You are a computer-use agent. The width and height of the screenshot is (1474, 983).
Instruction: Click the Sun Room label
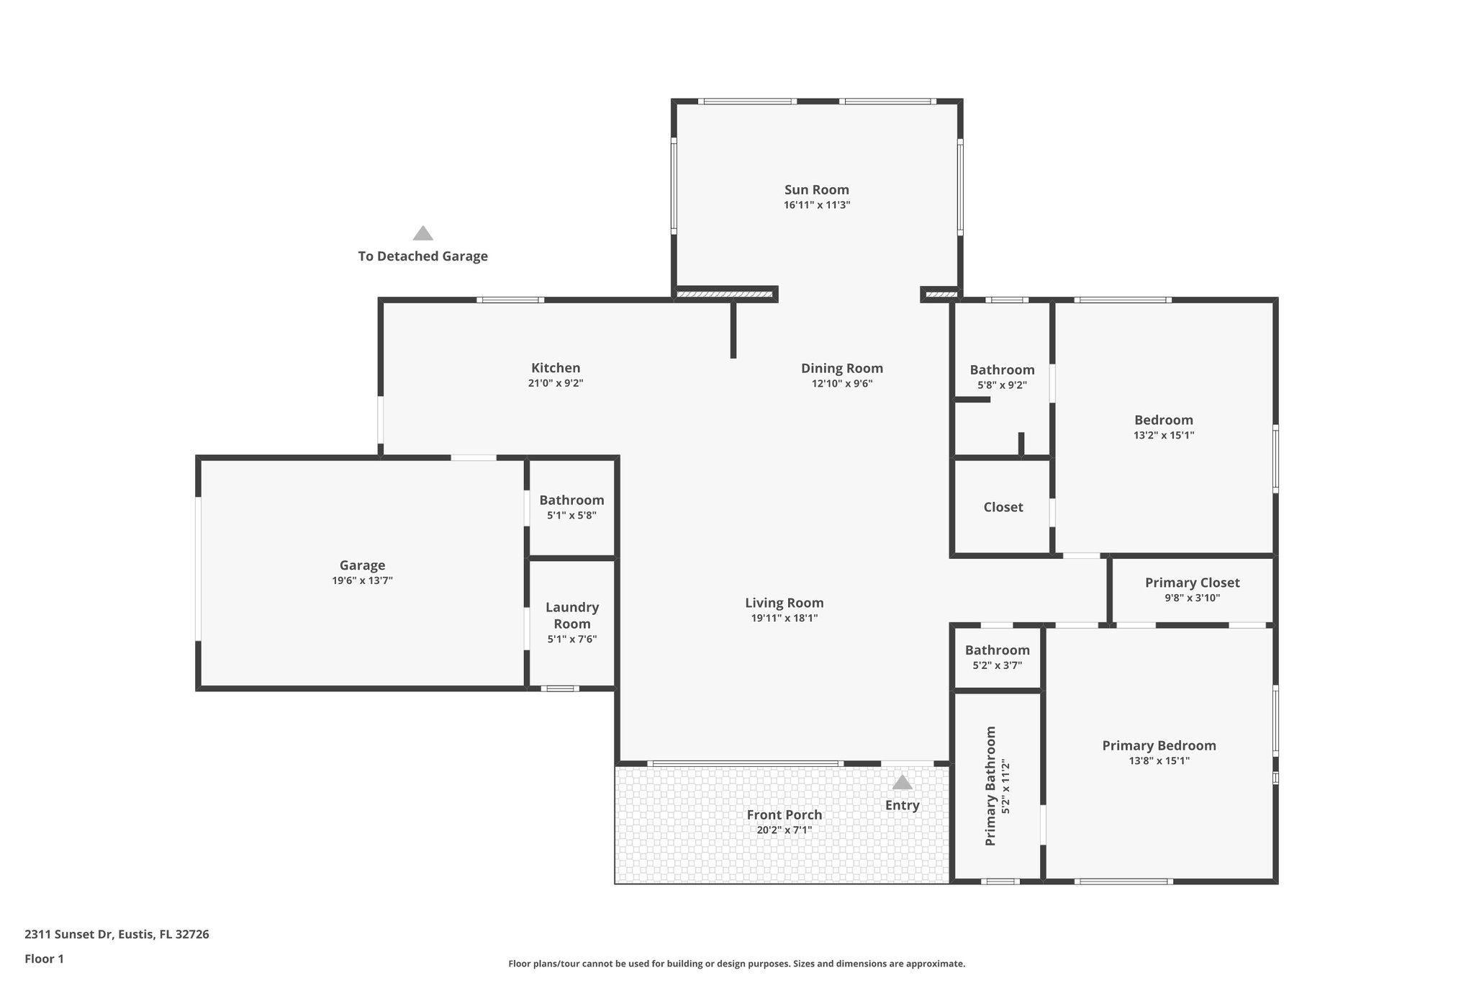pyautogui.click(x=816, y=189)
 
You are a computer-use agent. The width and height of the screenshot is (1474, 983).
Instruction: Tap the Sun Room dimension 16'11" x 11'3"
pyautogui.click(x=816, y=205)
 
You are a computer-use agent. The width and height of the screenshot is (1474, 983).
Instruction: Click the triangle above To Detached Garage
pyautogui.click(x=422, y=233)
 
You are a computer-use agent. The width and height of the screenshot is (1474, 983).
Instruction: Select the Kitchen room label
pyautogui.click(x=556, y=368)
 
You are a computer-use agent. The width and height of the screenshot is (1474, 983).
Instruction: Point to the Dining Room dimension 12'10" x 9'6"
pyautogui.click(x=841, y=384)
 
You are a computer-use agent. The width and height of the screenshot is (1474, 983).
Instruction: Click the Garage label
pyautogui.click(x=362, y=565)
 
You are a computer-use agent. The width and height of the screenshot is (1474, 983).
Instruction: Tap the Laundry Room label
pyautogui.click(x=572, y=616)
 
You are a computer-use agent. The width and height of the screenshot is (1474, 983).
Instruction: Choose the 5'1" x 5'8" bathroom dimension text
pyautogui.click(x=571, y=516)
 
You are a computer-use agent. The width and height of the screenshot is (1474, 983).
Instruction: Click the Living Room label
pyautogui.click(x=784, y=603)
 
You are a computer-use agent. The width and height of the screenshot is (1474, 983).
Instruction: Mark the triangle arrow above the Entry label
pyautogui.click(x=902, y=782)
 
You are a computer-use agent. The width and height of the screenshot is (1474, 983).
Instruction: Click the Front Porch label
pyautogui.click(x=784, y=814)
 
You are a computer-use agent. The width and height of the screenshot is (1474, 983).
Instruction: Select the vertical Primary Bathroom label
pyautogui.click(x=990, y=786)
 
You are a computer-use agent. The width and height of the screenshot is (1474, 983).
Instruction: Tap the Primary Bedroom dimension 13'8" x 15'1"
pyautogui.click(x=1159, y=760)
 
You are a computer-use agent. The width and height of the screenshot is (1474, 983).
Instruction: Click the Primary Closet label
pyautogui.click(x=1192, y=583)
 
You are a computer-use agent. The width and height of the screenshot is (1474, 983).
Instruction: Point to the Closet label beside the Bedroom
pyautogui.click(x=1003, y=507)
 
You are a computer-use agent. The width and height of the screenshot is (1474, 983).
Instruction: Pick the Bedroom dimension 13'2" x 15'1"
pyautogui.click(x=1163, y=436)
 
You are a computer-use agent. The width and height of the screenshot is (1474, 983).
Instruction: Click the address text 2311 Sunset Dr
pyautogui.click(x=117, y=934)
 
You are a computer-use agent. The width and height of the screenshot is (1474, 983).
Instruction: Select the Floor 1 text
pyautogui.click(x=44, y=959)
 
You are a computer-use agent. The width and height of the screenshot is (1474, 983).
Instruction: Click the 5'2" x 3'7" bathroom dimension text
pyautogui.click(x=997, y=665)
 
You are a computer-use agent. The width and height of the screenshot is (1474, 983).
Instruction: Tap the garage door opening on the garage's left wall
pyautogui.click(x=198, y=568)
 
